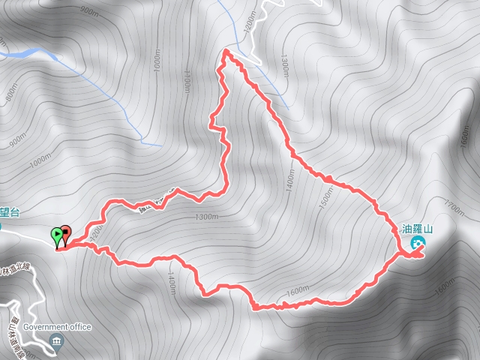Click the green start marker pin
[x=57, y=235]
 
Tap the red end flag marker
[x=66, y=233]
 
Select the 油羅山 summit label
[x=418, y=229]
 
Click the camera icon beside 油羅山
[x=418, y=243]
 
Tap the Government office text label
[x=57, y=327]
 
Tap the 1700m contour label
[x=455, y=203]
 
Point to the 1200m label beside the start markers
[x=94, y=235]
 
